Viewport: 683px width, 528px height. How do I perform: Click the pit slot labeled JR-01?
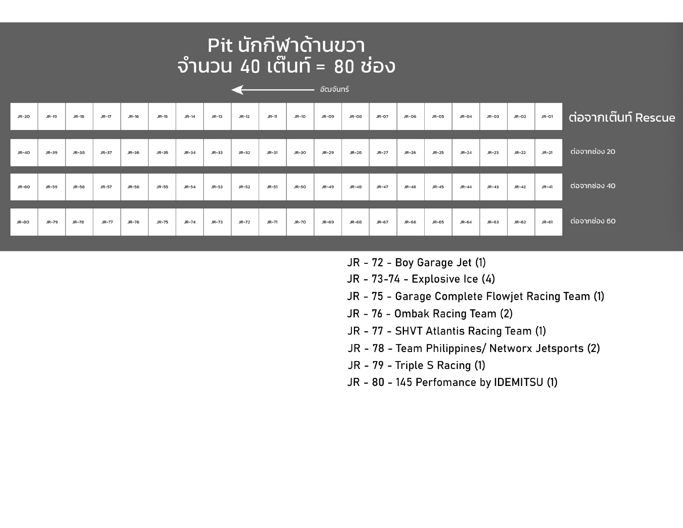point(548,116)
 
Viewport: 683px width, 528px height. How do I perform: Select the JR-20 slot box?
point(24,116)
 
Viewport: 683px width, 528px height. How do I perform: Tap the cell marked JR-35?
point(162,152)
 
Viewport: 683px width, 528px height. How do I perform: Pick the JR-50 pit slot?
point(300,187)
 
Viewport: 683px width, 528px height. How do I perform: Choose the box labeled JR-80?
point(24,222)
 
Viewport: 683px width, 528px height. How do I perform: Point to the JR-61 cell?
point(548,222)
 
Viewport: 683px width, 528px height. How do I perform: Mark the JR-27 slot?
point(383,152)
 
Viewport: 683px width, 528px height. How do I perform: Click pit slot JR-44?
point(466,187)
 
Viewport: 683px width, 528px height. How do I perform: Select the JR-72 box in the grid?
point(245,222)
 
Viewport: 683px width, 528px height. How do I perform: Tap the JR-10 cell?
point(300,116)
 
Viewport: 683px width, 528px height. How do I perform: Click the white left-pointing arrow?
point(272,89)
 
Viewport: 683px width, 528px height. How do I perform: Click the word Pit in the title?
point(220,46)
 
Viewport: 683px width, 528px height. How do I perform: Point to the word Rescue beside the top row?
point(655,118)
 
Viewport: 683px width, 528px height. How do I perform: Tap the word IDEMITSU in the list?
point(518,382)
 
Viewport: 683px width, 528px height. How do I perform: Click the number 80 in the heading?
point(344,67)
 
